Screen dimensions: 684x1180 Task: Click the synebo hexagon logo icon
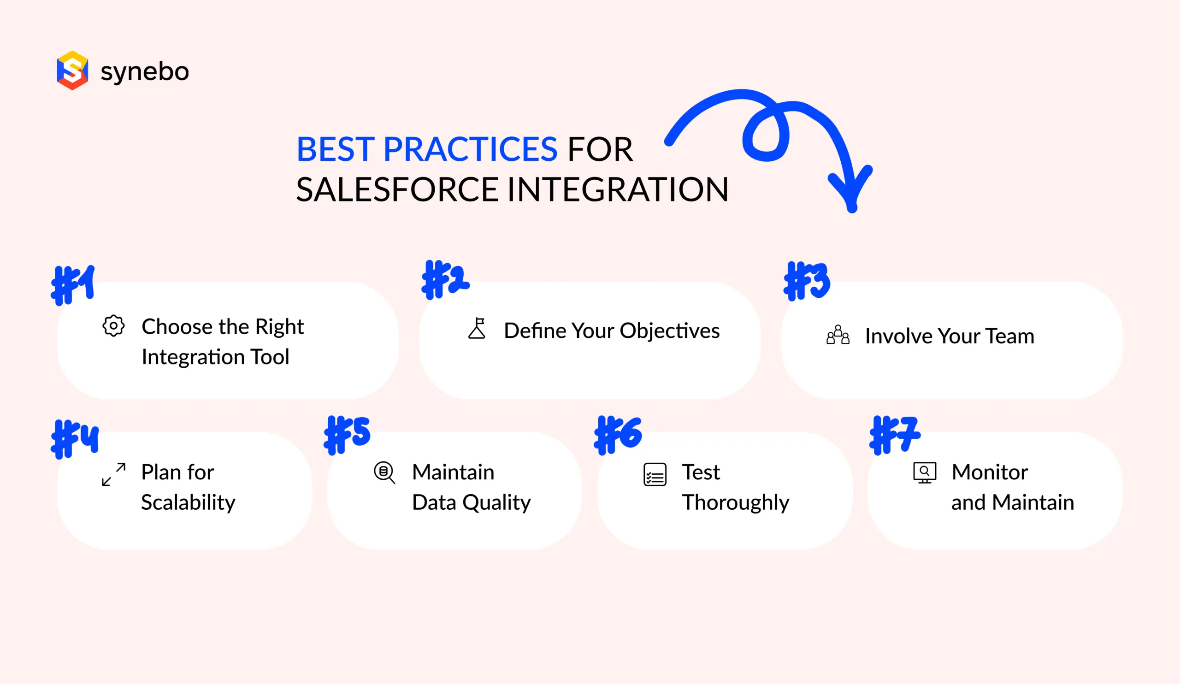[x=72, y=70]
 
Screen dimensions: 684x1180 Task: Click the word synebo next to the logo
[x=145, y=71]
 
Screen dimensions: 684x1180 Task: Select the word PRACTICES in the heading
[x=470, y=150]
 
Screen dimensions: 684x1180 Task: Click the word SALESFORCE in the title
[x=397, y=189]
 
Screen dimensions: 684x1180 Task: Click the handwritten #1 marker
[x=73, y=285]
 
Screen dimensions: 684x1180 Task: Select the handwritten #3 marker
[x=806, y=281]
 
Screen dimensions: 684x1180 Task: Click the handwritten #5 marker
[x=347, y=435]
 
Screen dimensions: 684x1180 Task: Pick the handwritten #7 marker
[x=894, y=435]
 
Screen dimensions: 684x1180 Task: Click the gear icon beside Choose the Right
[x=113, y=326]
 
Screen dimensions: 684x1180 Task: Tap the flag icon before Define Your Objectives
[x=477, y=329]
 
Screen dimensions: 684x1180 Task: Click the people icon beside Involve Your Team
[x=838, y=335]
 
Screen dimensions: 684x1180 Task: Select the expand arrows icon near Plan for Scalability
[x=114, y=474]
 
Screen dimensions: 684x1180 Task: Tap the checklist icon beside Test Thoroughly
[x=655, y=475]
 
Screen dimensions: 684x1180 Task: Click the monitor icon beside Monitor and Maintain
[x=924, y=473]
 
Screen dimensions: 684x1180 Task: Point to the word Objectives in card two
[x=670, y=331]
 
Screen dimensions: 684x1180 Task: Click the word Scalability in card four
[x=188, y=503]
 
